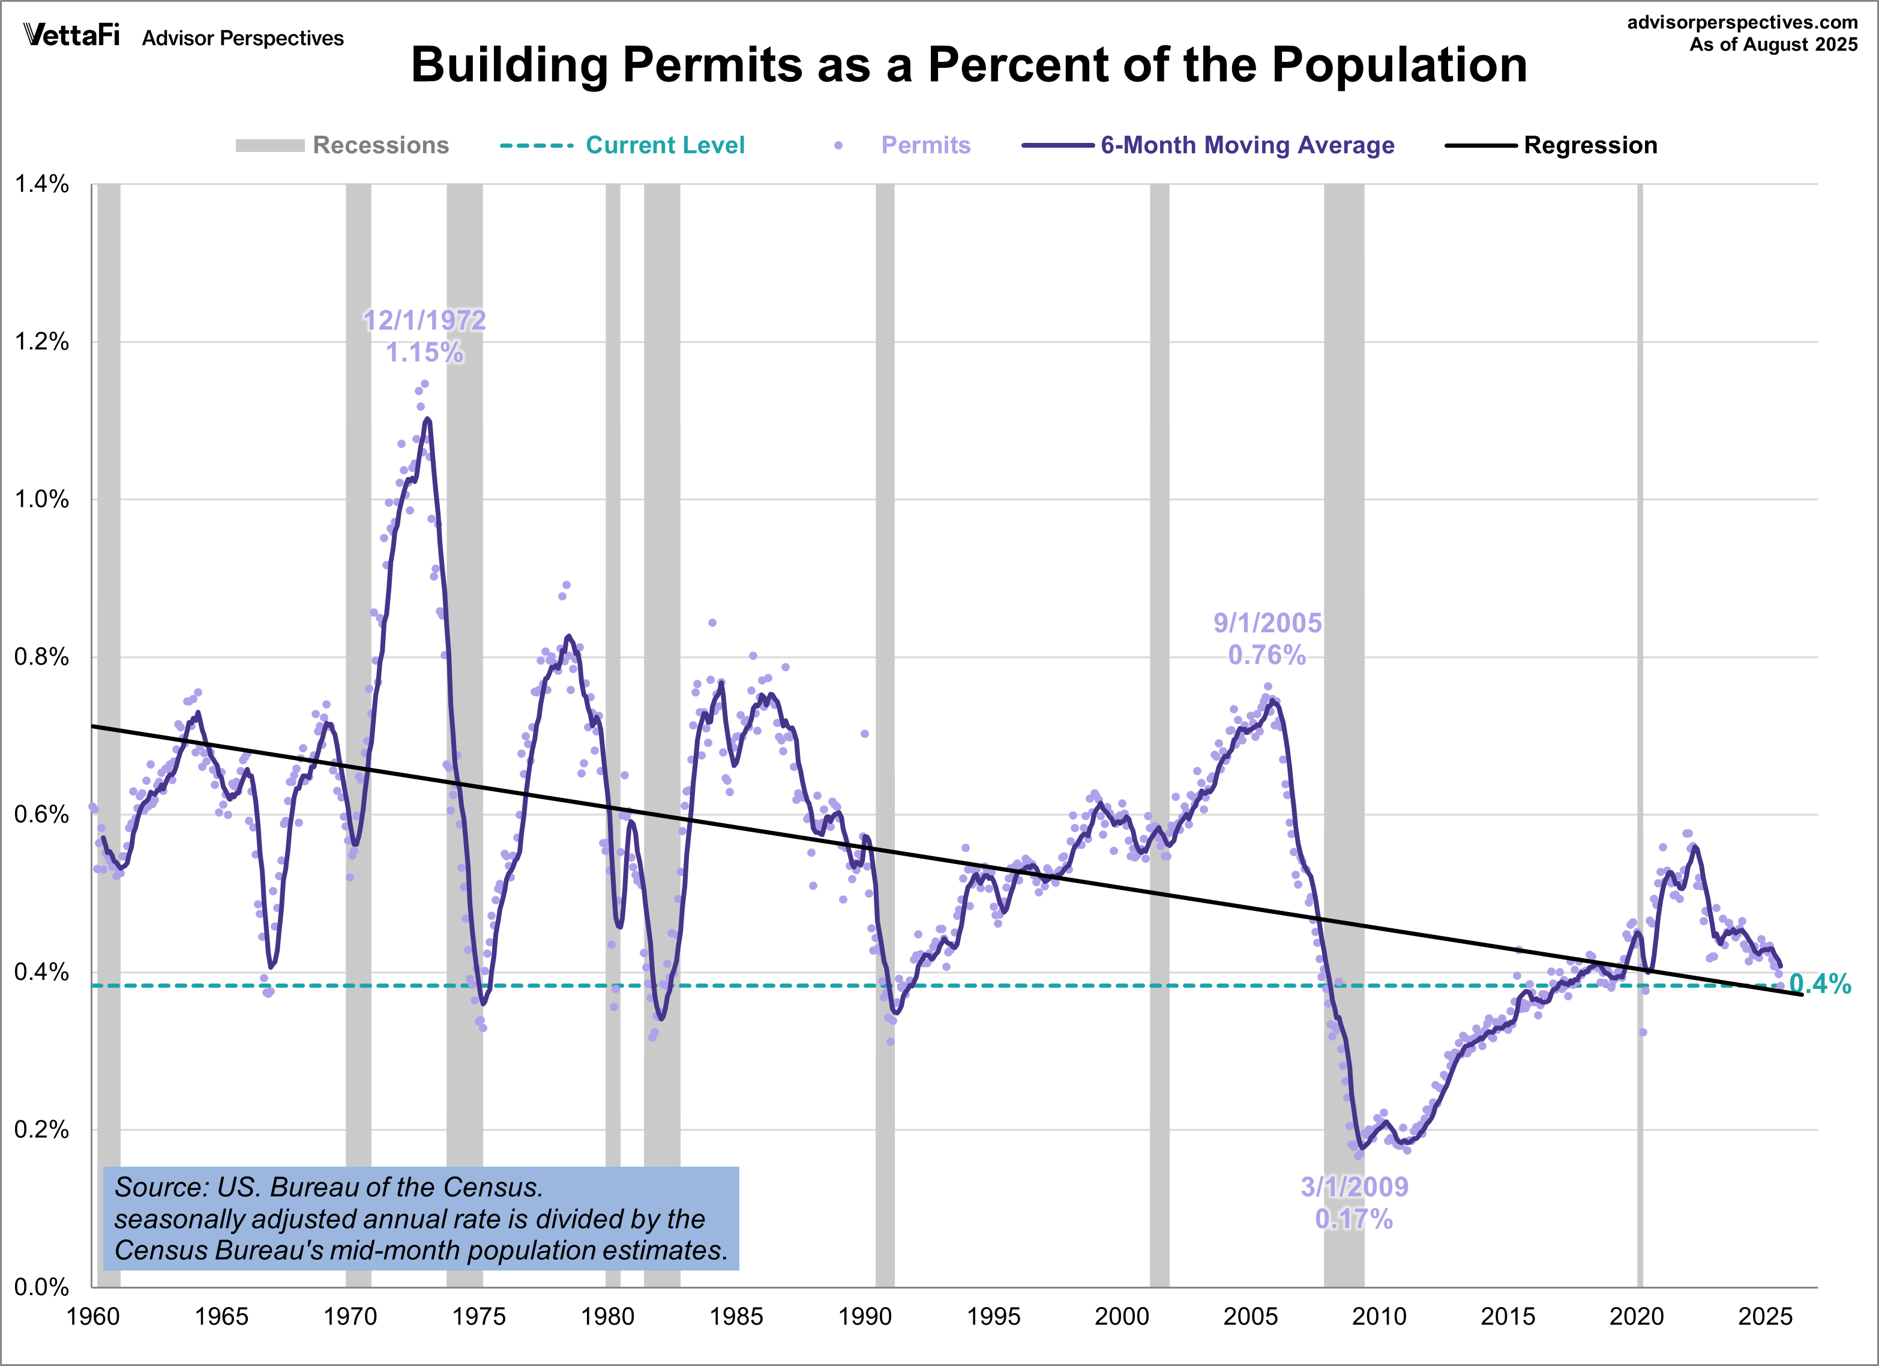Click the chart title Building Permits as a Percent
coord(969,65)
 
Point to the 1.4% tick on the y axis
coord(41,184)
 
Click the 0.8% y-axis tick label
coord(41,657)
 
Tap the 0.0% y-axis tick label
coord(41,1287)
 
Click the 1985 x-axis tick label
coord(736,1316)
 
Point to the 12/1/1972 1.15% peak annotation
coord(424,336)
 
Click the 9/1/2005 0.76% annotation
coord(1267,639)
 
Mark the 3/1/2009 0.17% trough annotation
coord(1354,1203)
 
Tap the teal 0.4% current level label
coord(1820,984)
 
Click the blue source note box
coord(420,1218)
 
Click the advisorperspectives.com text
coord(1742,22)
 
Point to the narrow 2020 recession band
coord(1640,580)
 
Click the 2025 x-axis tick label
coord(1764,1316)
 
